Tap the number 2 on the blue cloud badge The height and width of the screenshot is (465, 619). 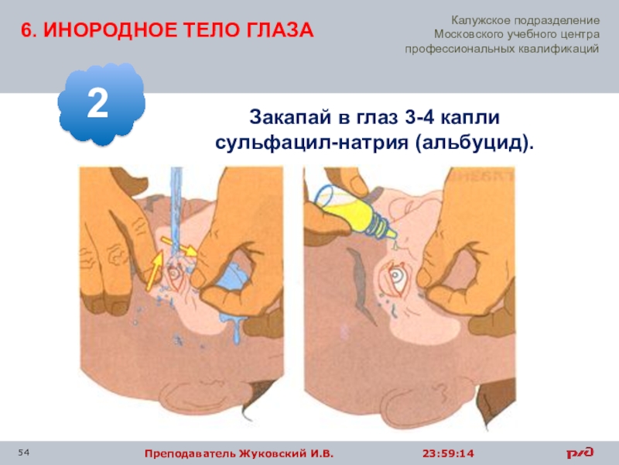point(97,103)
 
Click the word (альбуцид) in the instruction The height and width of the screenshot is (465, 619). point(474,143)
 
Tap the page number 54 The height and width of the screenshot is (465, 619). point(23,453)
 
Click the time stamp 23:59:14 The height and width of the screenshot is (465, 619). point(448,453)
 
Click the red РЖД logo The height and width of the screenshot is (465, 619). point(580,452)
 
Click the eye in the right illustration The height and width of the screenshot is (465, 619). point(395,277)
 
